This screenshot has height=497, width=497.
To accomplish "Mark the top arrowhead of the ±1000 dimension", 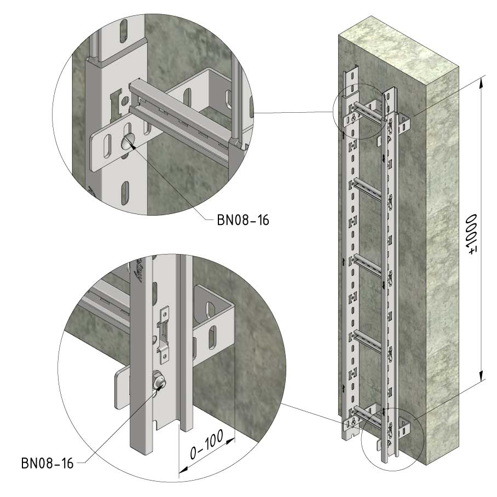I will (481, 82).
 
